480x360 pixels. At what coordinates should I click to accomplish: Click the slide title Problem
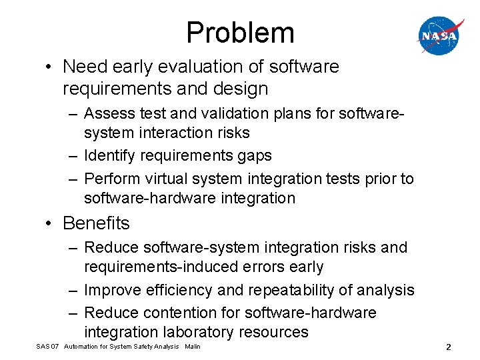(240, 33)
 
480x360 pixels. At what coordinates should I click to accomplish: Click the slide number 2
(449, 347)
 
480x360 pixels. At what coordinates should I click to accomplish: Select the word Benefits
(96, 223)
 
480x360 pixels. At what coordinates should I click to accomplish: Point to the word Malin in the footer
(192, 347)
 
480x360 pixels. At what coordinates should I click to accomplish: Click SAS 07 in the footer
(47, 347)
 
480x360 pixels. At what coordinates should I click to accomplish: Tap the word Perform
(111, 179)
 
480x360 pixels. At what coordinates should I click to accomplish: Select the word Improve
(113, 291)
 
